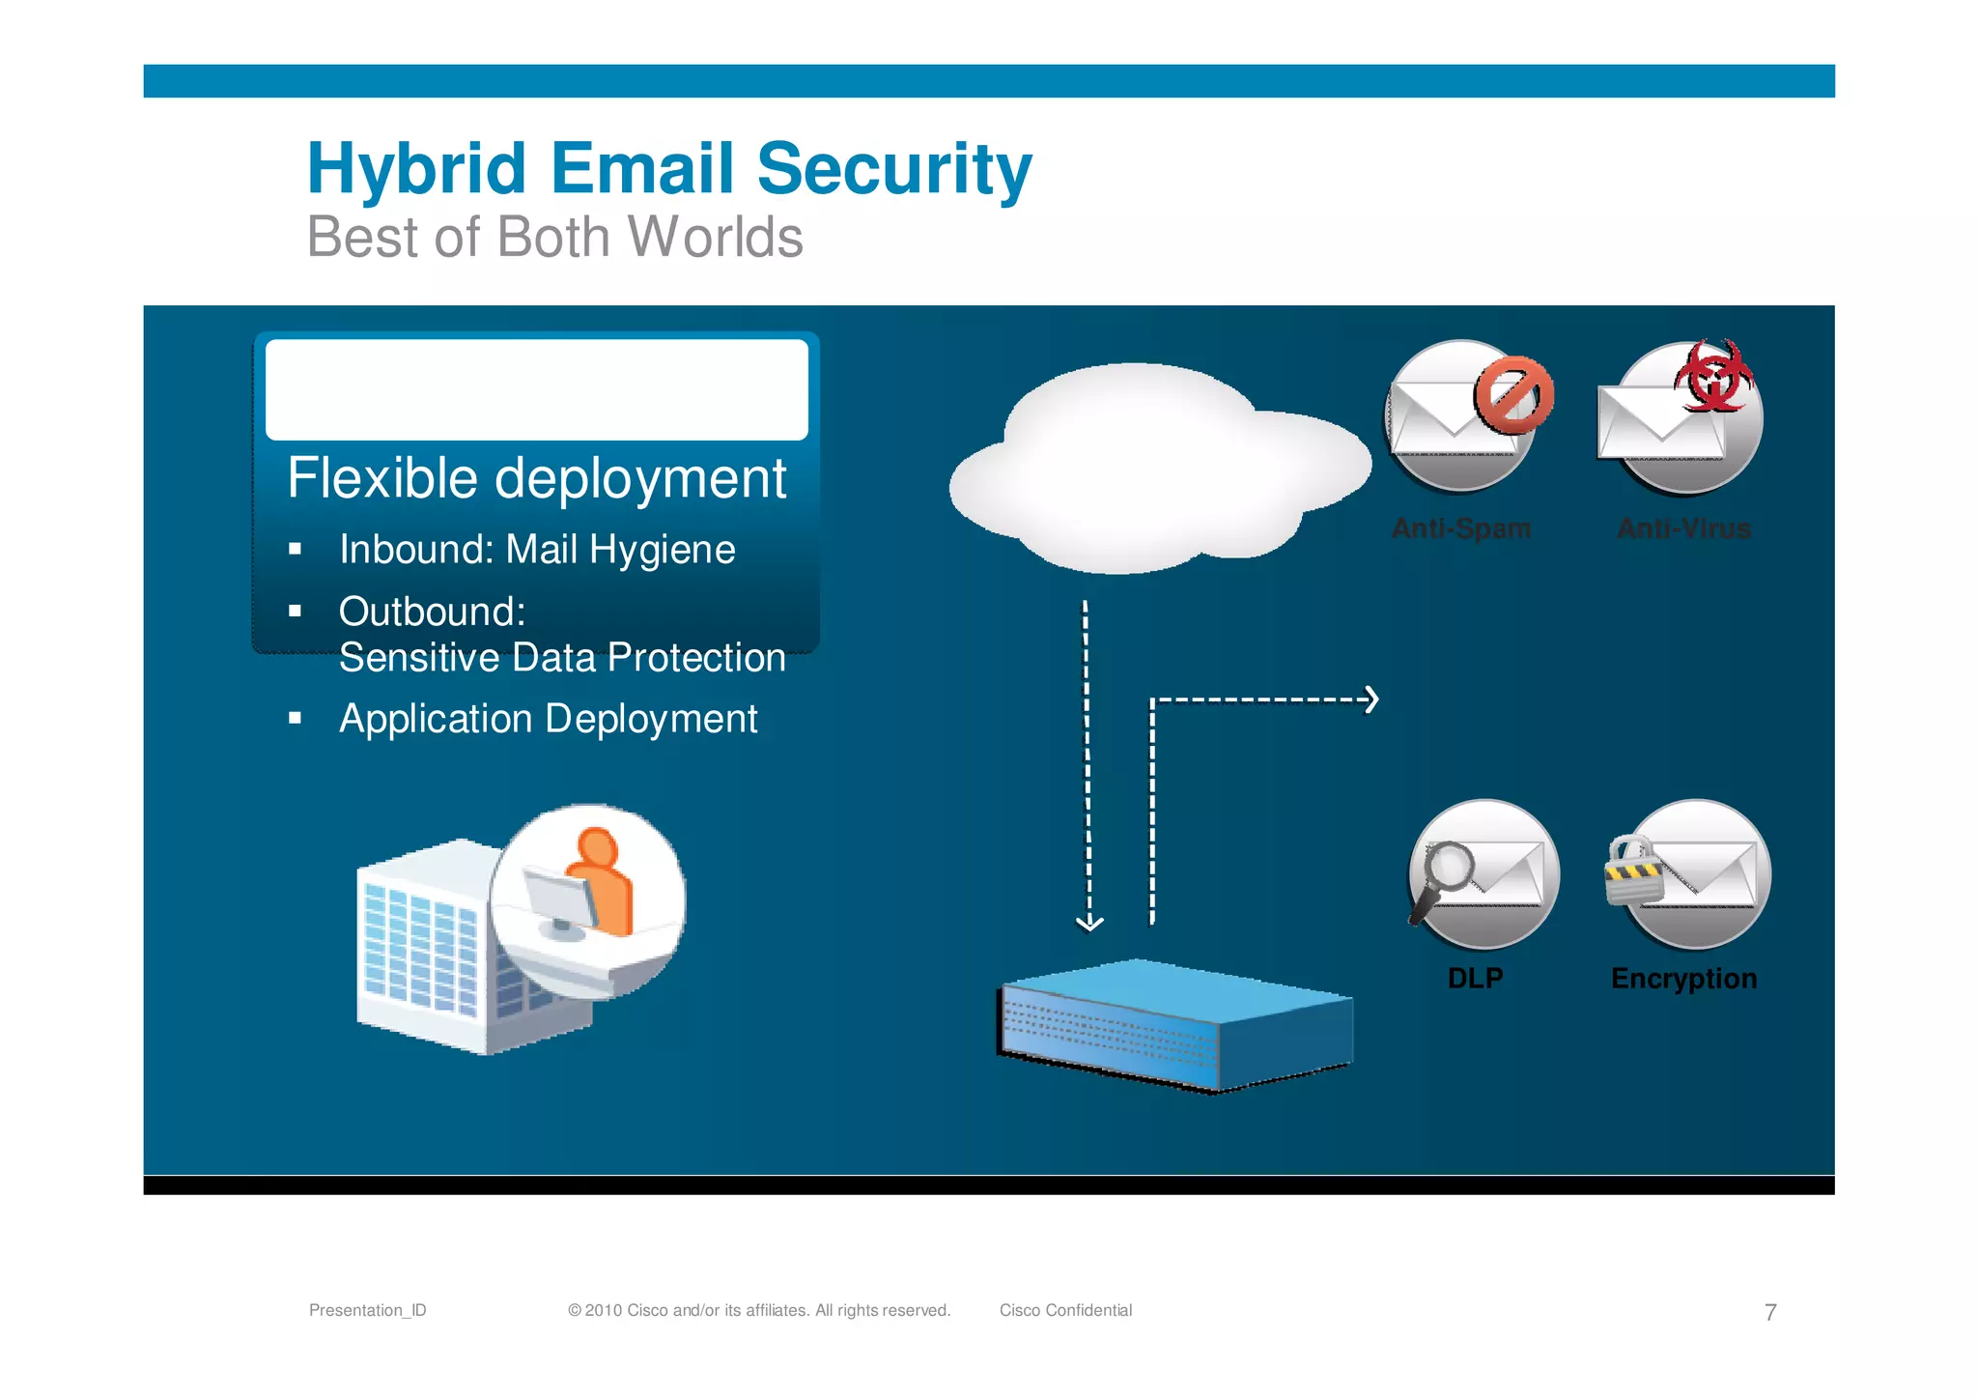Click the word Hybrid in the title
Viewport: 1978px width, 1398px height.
pyautogui.click(x=416, y=169)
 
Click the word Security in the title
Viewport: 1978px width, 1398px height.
pyautogui.click(x=894, y=169)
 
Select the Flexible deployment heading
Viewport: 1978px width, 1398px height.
pyautogui.click(x=537, y=478)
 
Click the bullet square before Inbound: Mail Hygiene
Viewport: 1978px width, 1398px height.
pyautogui.click(x=296, y=550)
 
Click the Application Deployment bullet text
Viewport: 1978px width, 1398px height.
pyautogui.click(x=548, y=719)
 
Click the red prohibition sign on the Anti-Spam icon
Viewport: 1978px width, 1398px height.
pyautogui.click(x=1513, y=394)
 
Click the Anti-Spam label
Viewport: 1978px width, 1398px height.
pyautogui.click(x=1461, y=528)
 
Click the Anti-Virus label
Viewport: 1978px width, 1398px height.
pyautogui.click(x=1683, y=528)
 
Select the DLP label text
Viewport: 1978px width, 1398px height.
pyautogui.click(x=1475, y=978)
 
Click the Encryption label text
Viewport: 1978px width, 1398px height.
pyautogui.click(x=1683, y=978)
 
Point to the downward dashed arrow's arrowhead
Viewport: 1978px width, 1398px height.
pyautogui.click(x=1089, y=924)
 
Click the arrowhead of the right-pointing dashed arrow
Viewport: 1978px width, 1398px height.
pyautogui.click(x=1371, y=699)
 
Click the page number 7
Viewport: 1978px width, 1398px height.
pyautogui.click(x=1770, y=1312)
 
